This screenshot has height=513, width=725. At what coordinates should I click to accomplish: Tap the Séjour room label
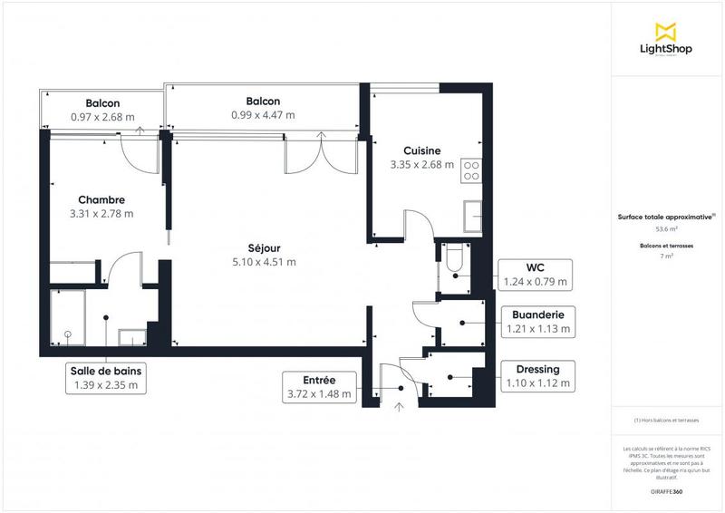coord(265,247)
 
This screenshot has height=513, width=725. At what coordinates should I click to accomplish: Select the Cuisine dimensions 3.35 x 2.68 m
coord(421,165)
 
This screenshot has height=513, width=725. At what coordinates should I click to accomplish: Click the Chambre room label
coord(101,199)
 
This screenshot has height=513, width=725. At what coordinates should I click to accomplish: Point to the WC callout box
coord(535,274)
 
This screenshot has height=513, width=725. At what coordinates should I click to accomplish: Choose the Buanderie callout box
coord(535,322)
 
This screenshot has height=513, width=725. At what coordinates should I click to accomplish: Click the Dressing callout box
coord(536,376)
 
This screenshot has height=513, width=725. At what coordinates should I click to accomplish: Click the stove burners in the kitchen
coord(471,170)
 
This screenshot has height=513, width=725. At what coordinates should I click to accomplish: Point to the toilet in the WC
coord(455,260)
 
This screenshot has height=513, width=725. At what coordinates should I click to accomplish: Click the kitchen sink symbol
coord(472,216)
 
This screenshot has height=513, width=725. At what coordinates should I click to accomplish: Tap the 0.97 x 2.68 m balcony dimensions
coord(102,117)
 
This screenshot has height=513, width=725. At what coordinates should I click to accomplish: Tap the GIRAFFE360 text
coord(666,490)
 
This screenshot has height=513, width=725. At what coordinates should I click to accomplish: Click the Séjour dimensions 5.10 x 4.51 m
coord(265,262)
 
